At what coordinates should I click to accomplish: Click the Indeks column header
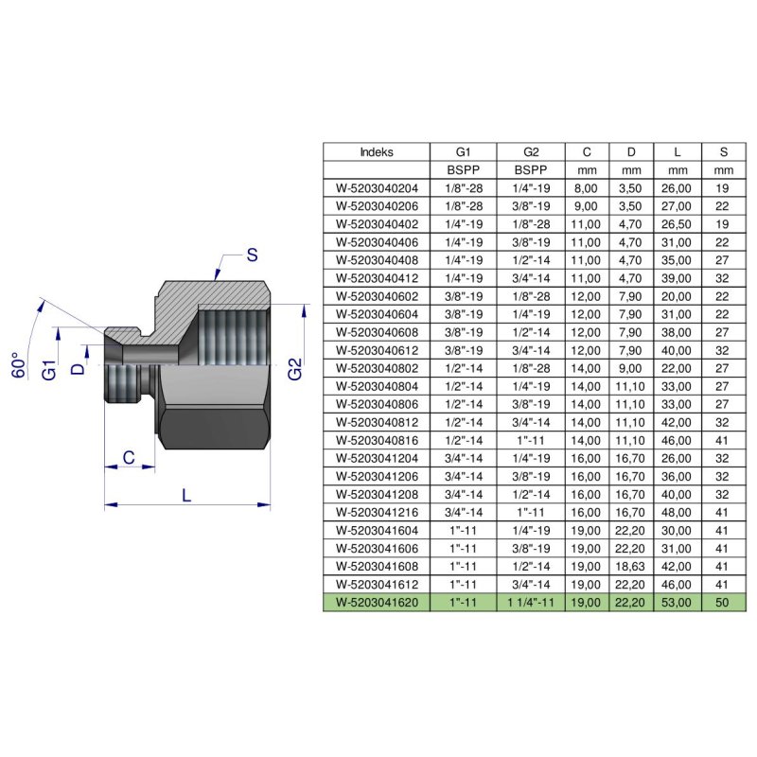[377, 151]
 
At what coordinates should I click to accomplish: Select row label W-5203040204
[377, 188]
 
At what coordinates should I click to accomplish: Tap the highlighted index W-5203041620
[377, 602]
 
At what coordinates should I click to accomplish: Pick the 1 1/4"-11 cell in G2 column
[530, 602]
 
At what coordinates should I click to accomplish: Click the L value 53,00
[678, 602]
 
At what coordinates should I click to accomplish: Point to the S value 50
[724, 602]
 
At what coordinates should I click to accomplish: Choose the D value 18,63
[632, 566]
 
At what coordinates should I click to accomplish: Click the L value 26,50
[678, 224]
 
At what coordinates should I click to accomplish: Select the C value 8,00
[587, 188]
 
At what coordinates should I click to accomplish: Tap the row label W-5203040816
[377, 440]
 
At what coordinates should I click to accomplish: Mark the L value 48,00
[678, 512]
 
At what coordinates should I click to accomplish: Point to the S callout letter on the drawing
[252, 255]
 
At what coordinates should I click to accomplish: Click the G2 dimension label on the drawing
[295, 368]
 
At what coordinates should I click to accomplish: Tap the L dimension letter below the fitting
[185, 494]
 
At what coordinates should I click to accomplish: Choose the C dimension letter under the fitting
[127, 459]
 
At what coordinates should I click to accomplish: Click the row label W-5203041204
[377, 458]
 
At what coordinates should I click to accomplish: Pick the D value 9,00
[632, 368]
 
